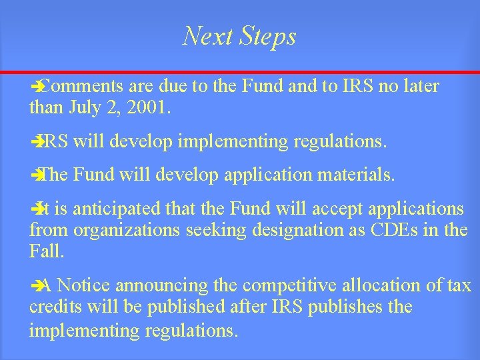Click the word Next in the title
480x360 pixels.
point(203,36)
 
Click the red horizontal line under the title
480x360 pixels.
point(240,71)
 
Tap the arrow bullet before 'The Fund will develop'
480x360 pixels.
point(37,176)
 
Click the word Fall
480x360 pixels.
point(46,251)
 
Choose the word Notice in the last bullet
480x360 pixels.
point(85,285)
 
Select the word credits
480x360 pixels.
point(54,307)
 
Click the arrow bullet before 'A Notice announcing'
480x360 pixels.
point(37,286)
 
